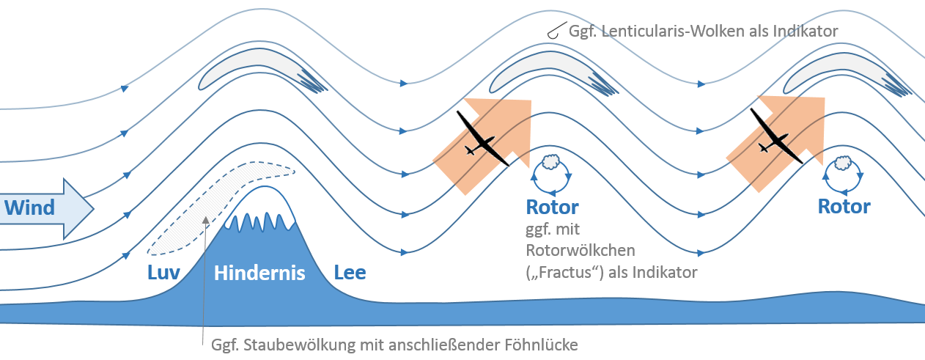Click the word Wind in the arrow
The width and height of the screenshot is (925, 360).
30,207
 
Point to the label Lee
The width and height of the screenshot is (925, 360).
350,273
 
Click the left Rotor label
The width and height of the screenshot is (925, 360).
553,207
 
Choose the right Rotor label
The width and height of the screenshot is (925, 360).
844,206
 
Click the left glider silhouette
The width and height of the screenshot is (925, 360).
481,141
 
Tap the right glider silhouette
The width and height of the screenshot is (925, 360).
773,139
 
